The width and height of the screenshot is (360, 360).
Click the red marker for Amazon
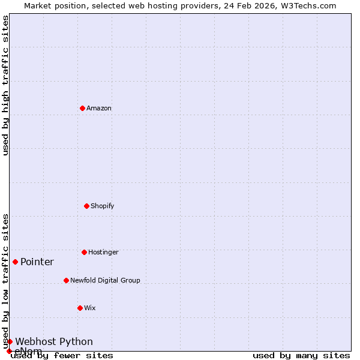click(x=82, y=108)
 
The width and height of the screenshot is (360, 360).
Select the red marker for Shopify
click(x=86, y=206)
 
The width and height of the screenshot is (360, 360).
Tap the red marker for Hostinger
click(x=84, y=252)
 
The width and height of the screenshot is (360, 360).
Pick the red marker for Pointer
click(x=15, y=262)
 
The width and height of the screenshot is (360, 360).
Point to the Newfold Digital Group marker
click(x=66, y=280)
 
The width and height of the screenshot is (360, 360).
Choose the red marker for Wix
click(x=80, y=308)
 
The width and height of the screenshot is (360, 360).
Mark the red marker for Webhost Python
click(x=10, y=341)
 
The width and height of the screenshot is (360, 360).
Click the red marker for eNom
click(x=9, y=351)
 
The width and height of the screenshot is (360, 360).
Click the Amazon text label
click(x=99, y=108)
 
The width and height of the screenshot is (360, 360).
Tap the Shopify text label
click(x=103, y=206)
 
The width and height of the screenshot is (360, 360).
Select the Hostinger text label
click(x=103, y=252)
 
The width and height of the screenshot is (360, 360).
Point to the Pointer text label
click(x=37, y=262)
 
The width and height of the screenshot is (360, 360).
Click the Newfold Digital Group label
click(x=105, y=280)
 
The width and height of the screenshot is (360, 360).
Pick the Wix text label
click(x=90, y=308)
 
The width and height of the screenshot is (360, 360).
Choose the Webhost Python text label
click(x=54, y=341)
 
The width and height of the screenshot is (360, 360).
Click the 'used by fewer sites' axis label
click(x=62, y=355)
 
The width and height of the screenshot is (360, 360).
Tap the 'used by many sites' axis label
click(x=301, y=355)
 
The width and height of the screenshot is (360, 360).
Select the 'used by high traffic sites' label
click(x=5, y=85)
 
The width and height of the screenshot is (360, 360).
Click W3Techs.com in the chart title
click(x=306, y=5)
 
